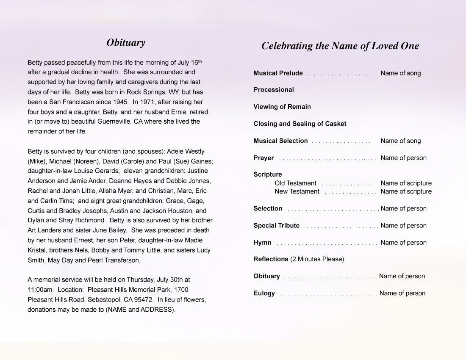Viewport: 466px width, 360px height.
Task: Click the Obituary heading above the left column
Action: (125, 42)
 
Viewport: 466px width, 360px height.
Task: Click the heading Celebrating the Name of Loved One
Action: (340, 46)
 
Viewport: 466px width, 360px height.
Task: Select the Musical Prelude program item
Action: (278, 73)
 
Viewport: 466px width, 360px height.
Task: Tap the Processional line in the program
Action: (273, 90)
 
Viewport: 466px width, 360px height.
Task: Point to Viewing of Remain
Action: (282, 107)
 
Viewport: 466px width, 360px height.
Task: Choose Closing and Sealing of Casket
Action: (300, 124)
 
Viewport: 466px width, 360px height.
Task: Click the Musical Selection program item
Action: (280, 141)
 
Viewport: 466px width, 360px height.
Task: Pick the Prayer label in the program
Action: (264, 158)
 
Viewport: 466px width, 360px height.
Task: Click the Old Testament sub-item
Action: (295, 183)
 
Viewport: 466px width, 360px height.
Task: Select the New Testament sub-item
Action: (297, 191)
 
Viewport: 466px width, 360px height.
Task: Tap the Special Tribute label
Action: (276, 226)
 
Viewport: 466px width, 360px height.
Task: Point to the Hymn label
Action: (262, 243)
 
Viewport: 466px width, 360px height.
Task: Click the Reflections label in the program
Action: (271, 259)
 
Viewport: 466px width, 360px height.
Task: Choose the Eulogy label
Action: (264, 293)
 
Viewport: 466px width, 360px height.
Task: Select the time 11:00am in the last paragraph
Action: (41, 290)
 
